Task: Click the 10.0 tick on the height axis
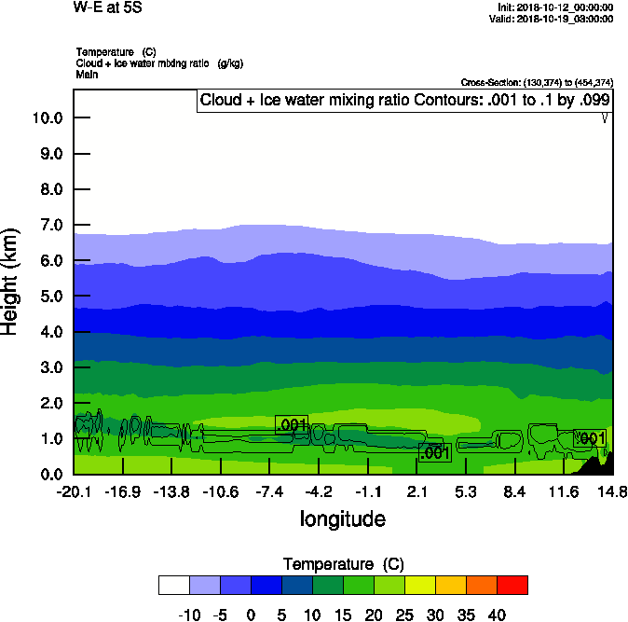click(47, 117)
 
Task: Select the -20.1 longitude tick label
click(73, 491)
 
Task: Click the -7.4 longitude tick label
click(269, 491)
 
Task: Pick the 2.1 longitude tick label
click(416, 491)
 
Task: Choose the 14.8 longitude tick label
click(612, 491)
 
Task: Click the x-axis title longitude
click(342, 518)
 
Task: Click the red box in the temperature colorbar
click(512, 585)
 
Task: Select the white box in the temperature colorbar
click(173, 585)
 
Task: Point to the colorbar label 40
click(496, 615)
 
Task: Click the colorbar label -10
click(189, 615)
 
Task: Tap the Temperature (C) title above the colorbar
click(343, 563)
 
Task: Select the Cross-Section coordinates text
click(537, 83)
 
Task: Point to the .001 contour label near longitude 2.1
click(435, 453)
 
